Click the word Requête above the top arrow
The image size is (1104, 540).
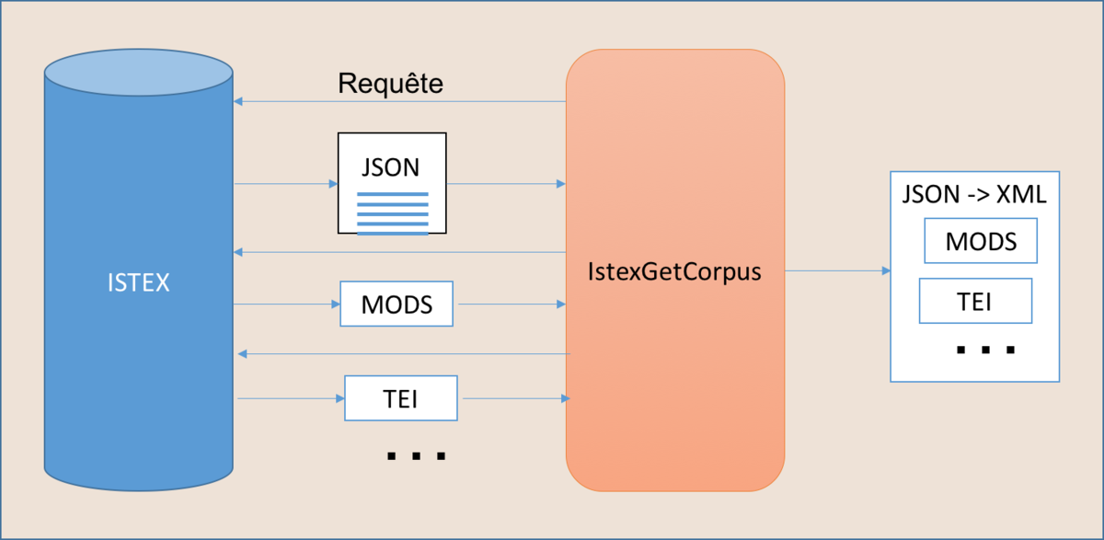[x=390, y=84]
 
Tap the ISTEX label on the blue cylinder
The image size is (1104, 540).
[x=139, y=282]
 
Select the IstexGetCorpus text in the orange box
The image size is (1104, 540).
[x=674, y=272]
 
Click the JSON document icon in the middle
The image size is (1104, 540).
[x=392, y=183]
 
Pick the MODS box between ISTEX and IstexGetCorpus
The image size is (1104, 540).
[x=397, y=304]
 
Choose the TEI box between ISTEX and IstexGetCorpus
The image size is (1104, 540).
[x=401, y=398]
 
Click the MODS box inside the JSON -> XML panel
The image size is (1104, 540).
[x=981, y=241]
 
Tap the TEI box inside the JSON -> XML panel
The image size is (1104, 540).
[x=975, y=301]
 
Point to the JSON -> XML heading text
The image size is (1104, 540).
[x=974, y=194]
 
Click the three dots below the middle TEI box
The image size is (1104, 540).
[x=417, y=456]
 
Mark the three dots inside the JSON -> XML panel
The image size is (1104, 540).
[x=985, y=350]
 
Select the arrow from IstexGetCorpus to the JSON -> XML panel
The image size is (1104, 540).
[x=838, y=270]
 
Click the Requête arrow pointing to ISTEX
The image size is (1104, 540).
[x=399, y=101]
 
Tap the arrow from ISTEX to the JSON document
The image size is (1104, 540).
[x=286, y=184]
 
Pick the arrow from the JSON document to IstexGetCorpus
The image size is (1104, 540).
[x=506, y=184]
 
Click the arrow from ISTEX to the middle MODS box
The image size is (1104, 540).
[x=287, y=304]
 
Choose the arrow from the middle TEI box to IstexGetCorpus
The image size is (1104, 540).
[x=516, y=398]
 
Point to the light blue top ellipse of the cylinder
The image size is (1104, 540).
[x=139, y=73]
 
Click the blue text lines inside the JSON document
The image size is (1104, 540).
[x=393, y=213]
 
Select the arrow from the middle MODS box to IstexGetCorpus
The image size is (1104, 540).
[x=512, y=304]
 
